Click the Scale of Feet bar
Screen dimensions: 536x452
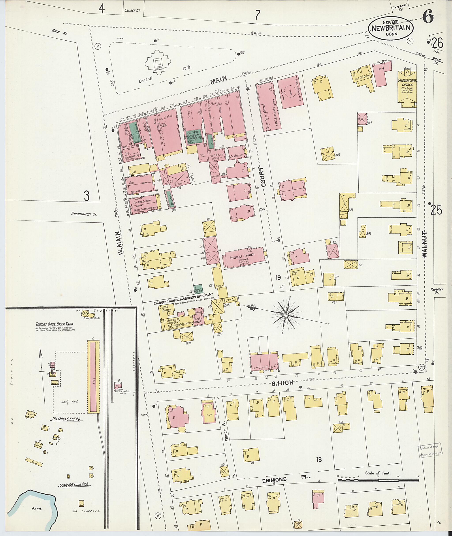pos(378,480)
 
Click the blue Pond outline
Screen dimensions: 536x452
pos(33,502)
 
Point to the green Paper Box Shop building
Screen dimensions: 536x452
pos(198,289)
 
